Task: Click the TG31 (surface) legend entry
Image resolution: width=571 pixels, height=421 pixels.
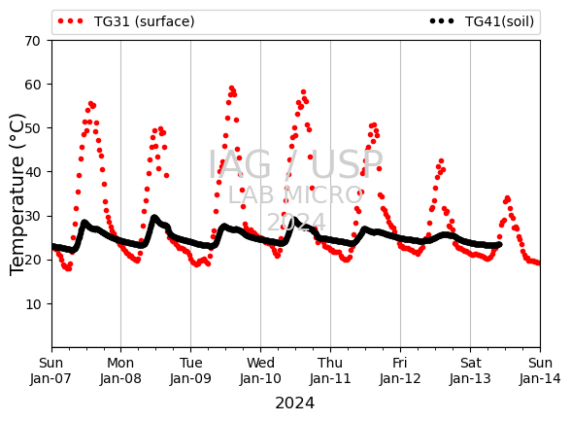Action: (x=126, y=21)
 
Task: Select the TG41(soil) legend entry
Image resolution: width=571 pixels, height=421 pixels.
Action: (x=482, y=21)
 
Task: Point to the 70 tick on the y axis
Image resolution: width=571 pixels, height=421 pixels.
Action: (x=32, y=41)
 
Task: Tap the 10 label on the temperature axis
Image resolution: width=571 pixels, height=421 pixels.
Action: (x=32, y=304)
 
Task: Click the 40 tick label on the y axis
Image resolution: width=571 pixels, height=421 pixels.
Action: (x=32, y=172)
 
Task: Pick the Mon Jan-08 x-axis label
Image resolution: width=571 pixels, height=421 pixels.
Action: (x=120, y=370)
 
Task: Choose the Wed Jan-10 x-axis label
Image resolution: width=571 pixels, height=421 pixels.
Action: (x=260, y=370)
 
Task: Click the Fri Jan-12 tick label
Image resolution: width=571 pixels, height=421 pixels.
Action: (x=400, y=370)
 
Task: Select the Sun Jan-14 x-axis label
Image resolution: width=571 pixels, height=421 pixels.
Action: (x=540, y=370)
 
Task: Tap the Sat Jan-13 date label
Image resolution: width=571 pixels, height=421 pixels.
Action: (x=470, y=370)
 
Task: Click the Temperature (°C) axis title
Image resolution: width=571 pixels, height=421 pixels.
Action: (x=17, y=194)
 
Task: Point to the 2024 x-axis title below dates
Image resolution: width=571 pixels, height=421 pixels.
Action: (x=294, y=403)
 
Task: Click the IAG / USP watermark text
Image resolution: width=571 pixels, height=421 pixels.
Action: (x=295, y=164)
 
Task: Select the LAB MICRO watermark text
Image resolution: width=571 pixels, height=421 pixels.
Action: (x=295, y=195)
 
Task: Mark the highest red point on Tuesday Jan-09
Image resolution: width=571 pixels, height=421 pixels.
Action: (x=231, y=88)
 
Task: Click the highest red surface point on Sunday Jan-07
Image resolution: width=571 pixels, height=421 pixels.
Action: (x=91, y=104)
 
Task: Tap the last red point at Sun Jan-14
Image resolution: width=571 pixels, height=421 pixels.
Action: (x=538, y=263)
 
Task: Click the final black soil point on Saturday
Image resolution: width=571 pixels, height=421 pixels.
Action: (x=500, y=245)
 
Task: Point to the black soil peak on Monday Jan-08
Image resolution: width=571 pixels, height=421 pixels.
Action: (x=154, y=218)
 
